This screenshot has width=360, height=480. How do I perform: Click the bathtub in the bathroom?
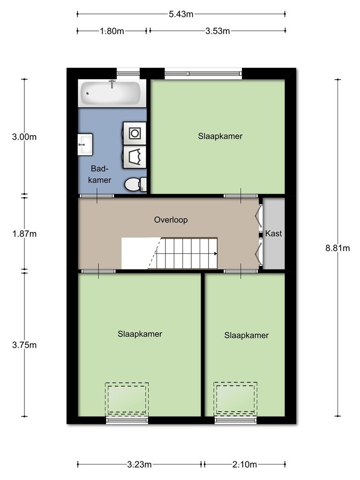(112, 93)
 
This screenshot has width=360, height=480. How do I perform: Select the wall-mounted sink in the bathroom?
(85, 144)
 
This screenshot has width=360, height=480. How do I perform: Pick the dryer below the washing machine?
(135, 157)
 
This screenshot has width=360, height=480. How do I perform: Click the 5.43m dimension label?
(181, 14)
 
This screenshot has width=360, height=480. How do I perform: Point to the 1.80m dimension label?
(112, 31)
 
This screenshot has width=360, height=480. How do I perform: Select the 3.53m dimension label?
(217, 31)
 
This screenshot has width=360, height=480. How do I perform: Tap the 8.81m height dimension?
(337, 248)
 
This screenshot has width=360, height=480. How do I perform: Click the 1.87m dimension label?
(24, 234)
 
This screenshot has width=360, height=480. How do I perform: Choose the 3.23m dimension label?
(139, 465)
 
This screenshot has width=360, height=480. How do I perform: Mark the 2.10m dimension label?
(244, 465)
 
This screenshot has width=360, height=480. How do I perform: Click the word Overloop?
(171, 220)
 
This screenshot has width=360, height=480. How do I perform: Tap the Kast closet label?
(273, 233)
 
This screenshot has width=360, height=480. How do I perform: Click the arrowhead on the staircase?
(216, 254)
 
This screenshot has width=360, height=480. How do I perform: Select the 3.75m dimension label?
(24, 345)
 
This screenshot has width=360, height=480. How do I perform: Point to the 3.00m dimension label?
(24, 137)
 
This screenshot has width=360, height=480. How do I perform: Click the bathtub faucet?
(112, 83)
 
